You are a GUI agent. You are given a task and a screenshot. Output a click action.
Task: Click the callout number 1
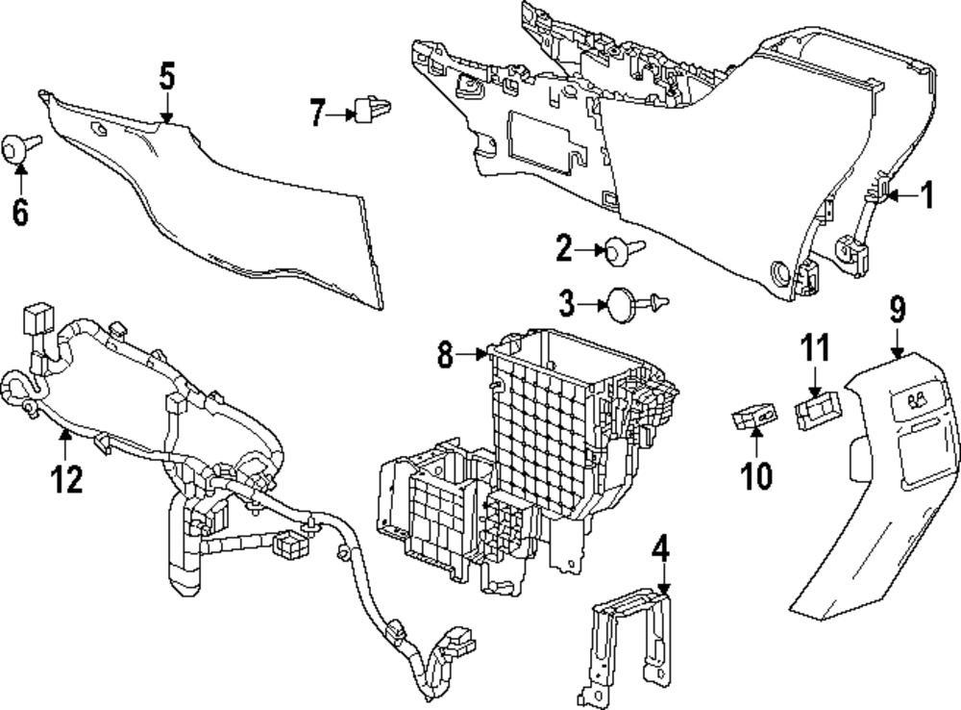click(x=927, y=195)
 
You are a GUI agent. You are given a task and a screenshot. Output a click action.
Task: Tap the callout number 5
click(x=166, y=77)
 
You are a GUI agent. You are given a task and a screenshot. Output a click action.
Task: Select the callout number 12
click(x=67, y=478)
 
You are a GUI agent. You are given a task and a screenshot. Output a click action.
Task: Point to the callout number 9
click(x=897, y=309)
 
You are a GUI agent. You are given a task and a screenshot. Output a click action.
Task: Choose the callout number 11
click(x=815, y=347)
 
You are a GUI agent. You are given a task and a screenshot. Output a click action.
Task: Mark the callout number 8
click(x=446, y=354)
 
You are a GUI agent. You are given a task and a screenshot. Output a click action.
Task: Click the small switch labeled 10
click(x=754, y=416)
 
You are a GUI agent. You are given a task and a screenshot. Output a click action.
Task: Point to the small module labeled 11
click(x=818, y=410)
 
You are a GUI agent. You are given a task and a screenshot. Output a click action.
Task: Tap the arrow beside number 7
click(x=341, y=114)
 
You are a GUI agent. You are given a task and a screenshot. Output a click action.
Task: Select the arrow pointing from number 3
click(x=591, y=304)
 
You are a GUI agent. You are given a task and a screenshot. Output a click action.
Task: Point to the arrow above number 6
click(x=21, y=178)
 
